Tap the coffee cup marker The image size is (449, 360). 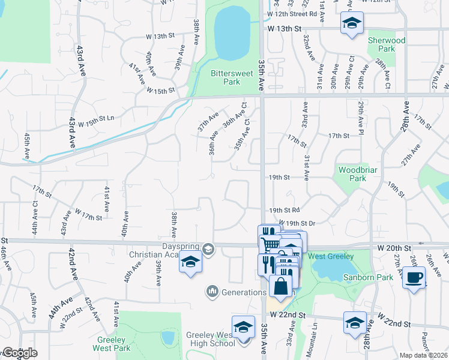tap(414, 277)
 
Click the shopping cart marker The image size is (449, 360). tap(271, 244)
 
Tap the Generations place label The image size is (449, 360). tap(238, 292)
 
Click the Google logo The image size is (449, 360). tap(19, 353)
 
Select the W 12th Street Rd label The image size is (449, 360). tap(292, 13)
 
